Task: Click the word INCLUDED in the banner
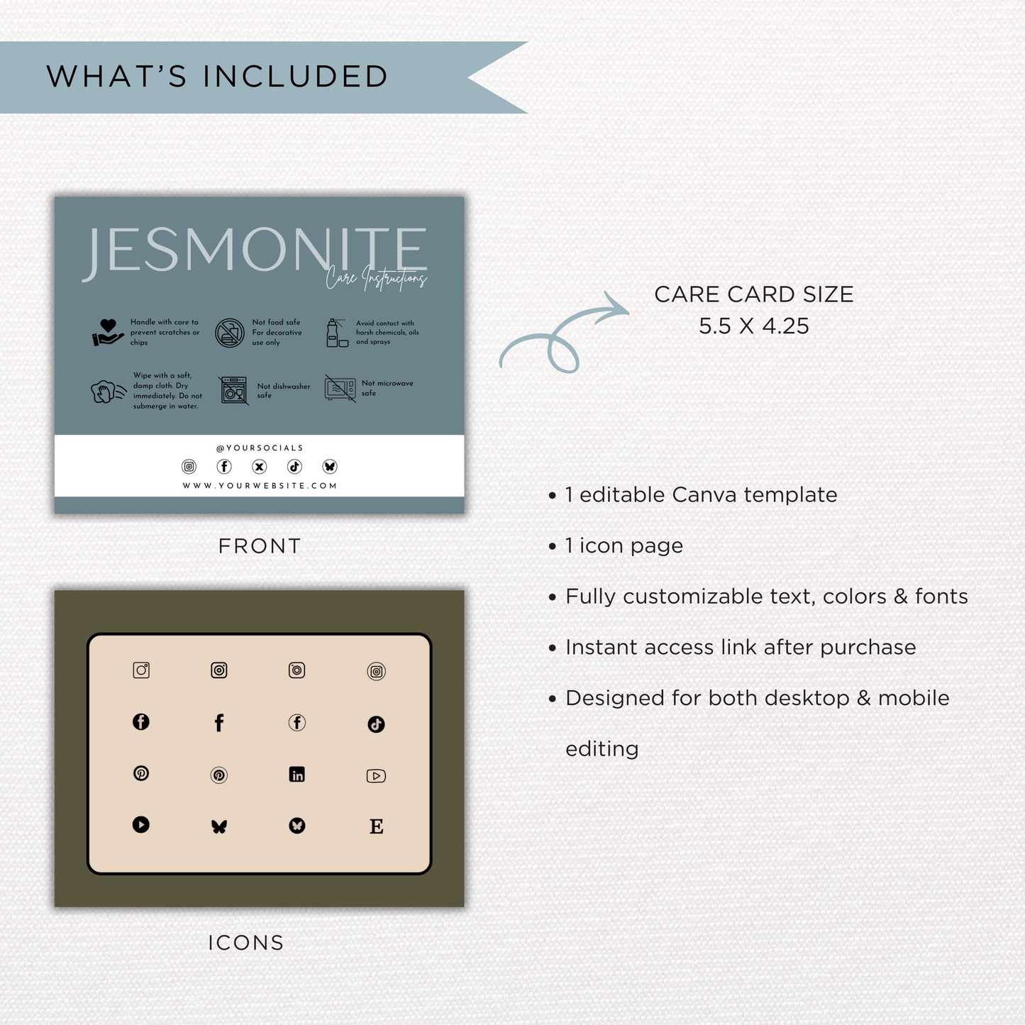coord(296,77)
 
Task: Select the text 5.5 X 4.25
coord(753,326)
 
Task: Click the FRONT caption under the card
coord(260,546)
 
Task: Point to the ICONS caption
coord(245,943)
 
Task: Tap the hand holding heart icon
coord(107,332)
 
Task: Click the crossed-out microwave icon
coord(340,388)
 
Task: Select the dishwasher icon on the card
coord(234,390)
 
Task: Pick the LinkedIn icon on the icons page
coord(297,775)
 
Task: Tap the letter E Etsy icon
coord(377,826)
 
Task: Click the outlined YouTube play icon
coord(376,776)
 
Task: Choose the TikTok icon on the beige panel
coord(376,724)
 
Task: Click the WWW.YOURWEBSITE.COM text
coord(260,486)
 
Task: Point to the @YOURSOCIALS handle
coord(260,448)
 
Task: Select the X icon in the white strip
coord(260,467)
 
